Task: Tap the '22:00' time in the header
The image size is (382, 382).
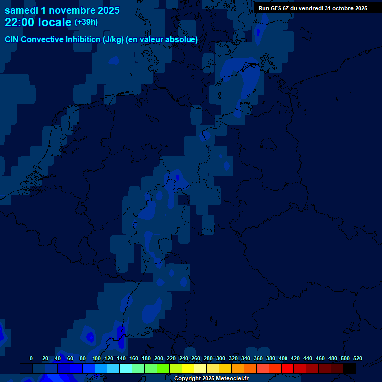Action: tap(20, 23)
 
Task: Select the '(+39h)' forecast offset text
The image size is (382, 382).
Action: tap(86, 22)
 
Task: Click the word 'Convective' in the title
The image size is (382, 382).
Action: tap(43, 40)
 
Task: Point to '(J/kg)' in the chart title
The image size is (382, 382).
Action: tap(113, 40)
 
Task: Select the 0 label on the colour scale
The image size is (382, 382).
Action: tap(31, 358)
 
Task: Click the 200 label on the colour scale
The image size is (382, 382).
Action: tap(159, 358)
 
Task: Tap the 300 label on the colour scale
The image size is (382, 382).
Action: tap(221, 358)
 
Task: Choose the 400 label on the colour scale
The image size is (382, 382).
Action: tap(283, 358)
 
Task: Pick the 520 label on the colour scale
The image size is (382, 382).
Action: tap(357, 358)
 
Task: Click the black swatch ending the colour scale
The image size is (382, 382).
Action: tap(350, 369)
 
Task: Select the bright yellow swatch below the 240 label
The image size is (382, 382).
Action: tap(188, 369)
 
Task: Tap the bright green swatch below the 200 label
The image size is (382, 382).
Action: tap(163, 369)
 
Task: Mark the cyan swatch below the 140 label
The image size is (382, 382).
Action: tap(125, 369)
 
